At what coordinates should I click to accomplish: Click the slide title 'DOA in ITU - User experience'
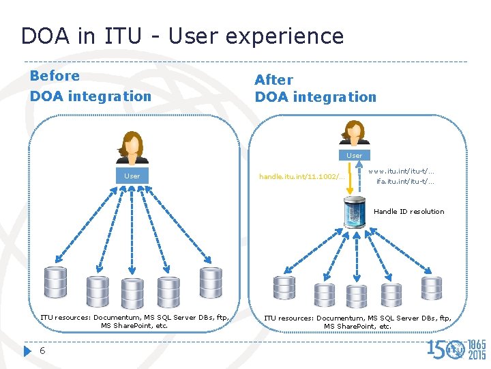point(182,36)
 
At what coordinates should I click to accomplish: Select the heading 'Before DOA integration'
point(90,86)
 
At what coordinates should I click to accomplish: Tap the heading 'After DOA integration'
point(315,89)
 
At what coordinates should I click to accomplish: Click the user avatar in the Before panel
point(132,149)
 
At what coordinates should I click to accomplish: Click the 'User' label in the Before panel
point(132,176)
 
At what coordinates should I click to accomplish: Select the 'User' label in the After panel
point(355,156)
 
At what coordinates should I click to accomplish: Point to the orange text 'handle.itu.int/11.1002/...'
point(302,176)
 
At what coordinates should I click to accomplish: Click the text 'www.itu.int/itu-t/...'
point(402,171)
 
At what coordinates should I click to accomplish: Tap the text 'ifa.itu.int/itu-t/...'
point(405,182)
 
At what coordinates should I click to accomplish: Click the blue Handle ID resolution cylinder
point(355,212)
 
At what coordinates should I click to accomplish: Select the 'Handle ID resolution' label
point(408,212)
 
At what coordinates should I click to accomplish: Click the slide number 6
point(42,351)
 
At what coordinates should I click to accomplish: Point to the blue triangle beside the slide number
point(27,351)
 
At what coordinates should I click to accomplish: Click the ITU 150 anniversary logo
point(456,348)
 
